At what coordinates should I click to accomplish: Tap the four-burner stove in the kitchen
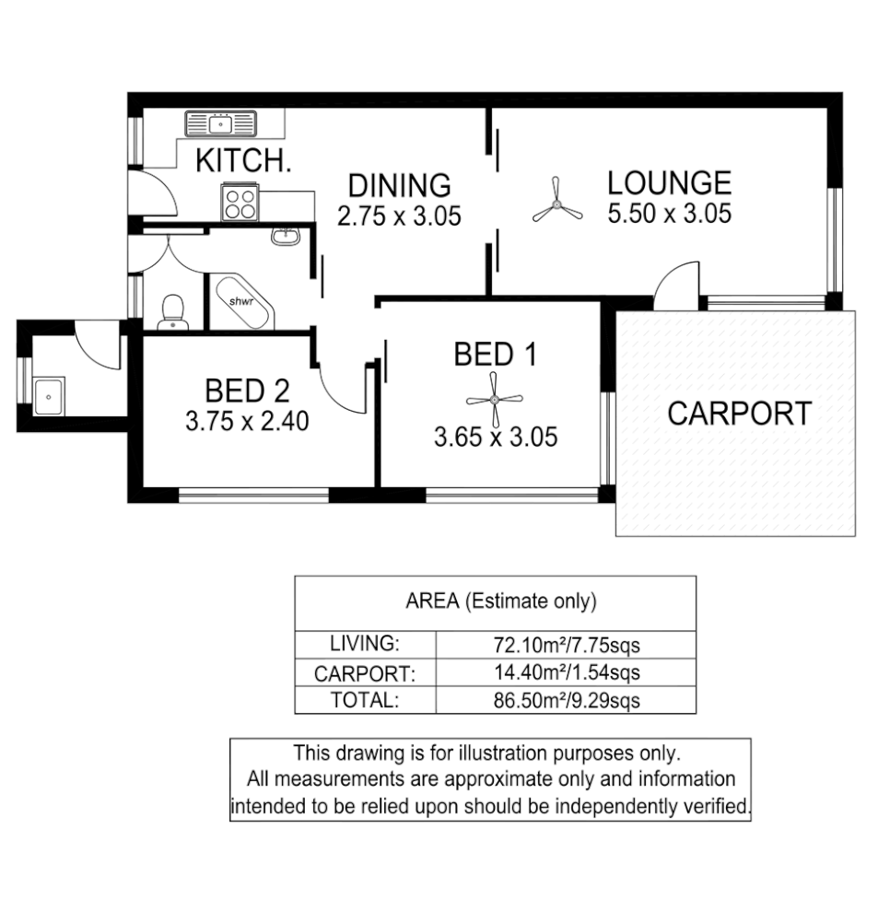point(240,201)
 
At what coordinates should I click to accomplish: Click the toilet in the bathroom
point(172,312)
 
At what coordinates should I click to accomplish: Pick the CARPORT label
point(739,414)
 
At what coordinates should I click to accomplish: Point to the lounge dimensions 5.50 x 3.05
point(669,214)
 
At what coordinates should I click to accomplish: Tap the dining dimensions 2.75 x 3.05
point(398,216)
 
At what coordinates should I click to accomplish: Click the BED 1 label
point(495,354)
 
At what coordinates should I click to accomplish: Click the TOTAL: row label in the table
point(365,700)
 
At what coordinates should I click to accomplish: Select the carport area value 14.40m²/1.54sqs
point(566,672)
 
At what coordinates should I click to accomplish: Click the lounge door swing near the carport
point(677,281)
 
